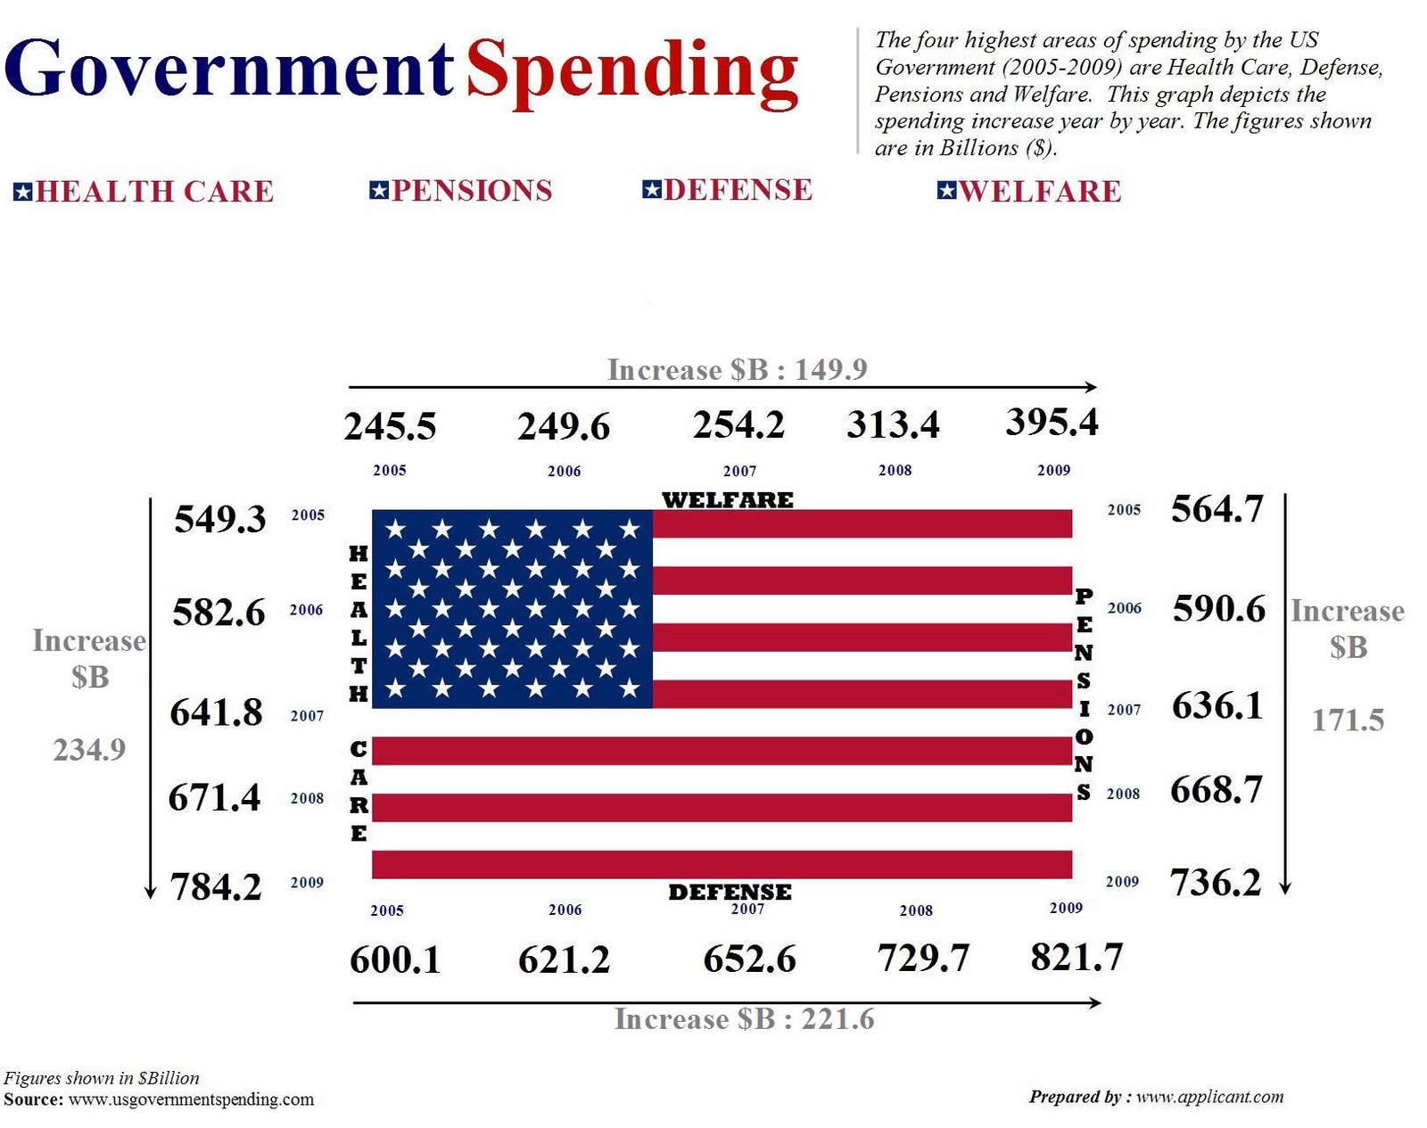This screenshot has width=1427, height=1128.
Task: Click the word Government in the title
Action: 228,70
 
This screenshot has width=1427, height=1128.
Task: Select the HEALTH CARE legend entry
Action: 144,191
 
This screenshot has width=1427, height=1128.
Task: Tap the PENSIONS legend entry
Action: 462,190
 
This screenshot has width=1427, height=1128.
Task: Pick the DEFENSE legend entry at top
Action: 728,189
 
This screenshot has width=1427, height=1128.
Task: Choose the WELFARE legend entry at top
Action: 1030,191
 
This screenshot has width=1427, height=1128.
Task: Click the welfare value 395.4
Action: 1052,422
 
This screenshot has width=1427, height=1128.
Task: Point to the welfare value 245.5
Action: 390,426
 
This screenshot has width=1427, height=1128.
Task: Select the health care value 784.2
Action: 216,886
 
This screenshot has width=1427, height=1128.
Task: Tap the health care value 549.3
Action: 219,519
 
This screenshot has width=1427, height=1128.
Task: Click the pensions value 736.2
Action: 1216,882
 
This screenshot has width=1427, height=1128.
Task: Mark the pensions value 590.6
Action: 1218,608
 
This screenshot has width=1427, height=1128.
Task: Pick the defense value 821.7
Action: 1076,957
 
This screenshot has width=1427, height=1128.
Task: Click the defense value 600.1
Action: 395,959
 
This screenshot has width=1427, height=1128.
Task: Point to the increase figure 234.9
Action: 89,750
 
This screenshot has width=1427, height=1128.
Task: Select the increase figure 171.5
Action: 1348,720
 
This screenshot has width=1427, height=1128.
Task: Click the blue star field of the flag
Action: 512,609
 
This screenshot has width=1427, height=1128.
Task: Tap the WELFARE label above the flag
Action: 728,499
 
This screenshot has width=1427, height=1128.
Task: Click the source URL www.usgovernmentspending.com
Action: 191,1099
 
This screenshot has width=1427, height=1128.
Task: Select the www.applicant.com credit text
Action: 1209,1096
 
